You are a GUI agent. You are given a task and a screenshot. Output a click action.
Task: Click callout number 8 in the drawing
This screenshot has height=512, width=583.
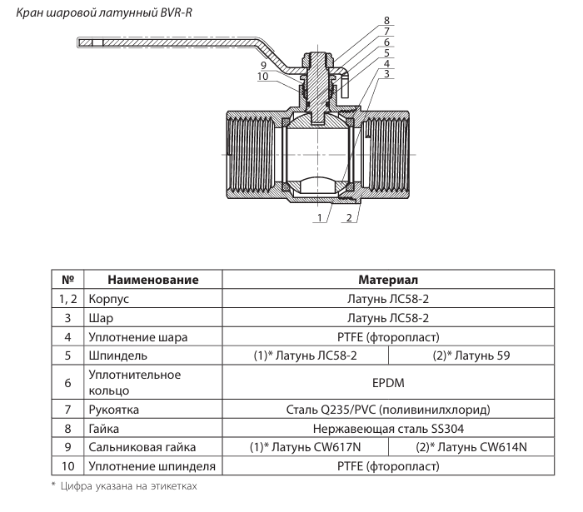[386, 19]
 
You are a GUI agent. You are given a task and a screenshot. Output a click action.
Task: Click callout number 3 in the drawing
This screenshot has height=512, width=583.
[386, 74]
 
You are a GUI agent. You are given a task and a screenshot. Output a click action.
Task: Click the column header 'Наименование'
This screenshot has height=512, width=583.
[152, 280]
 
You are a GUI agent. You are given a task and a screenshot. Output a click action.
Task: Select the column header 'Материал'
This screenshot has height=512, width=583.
[388, 280]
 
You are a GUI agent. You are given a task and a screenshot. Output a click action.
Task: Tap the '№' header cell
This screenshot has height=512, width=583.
[68, 280]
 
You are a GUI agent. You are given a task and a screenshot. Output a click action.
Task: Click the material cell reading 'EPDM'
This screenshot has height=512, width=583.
[388, 385]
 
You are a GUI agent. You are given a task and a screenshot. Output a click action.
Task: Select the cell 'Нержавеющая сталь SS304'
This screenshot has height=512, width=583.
[388, 429]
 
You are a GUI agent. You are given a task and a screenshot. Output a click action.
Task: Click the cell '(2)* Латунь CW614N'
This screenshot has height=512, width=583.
[471, 447]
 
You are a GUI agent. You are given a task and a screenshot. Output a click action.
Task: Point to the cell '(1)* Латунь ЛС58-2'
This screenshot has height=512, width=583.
[304, 355]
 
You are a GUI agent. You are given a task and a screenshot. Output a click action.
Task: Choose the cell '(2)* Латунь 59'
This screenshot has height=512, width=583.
[471, 355]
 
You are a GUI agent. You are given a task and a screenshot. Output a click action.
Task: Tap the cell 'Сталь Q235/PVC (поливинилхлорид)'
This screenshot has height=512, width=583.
[388, 410]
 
